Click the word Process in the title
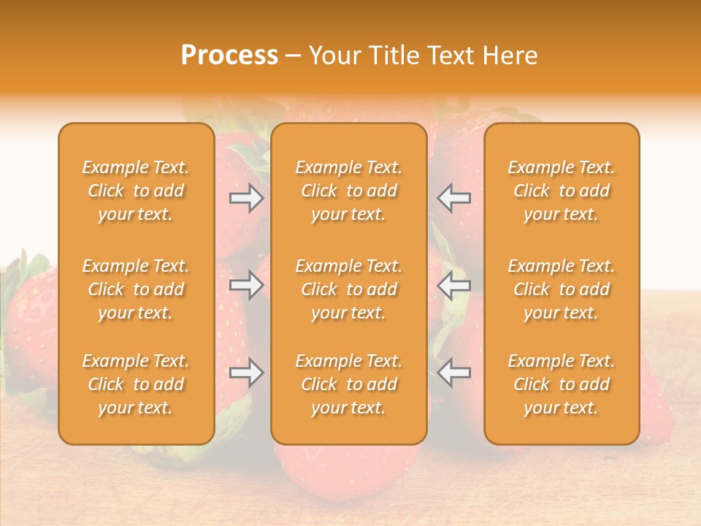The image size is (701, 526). pos(229,56)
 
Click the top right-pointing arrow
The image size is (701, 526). pos(247,197)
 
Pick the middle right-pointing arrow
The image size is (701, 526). pos(247,285)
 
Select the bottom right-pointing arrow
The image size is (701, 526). pos(247,373)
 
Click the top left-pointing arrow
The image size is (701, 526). pos(454,197)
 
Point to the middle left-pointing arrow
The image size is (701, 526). pos(454,285)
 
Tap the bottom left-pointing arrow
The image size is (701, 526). pos(454,373)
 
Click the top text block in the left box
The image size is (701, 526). pos(136,191)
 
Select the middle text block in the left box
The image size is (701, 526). pos(136,289)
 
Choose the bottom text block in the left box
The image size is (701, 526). pos(136,384)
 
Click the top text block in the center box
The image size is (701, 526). pos(349,191)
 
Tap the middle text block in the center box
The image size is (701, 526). pos(349,289)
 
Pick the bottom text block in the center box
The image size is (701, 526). pos(349,384)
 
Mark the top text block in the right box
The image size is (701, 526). pos(562,191)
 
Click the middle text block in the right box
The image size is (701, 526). pos(562,289)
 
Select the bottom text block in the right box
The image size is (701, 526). pos(562,384)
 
